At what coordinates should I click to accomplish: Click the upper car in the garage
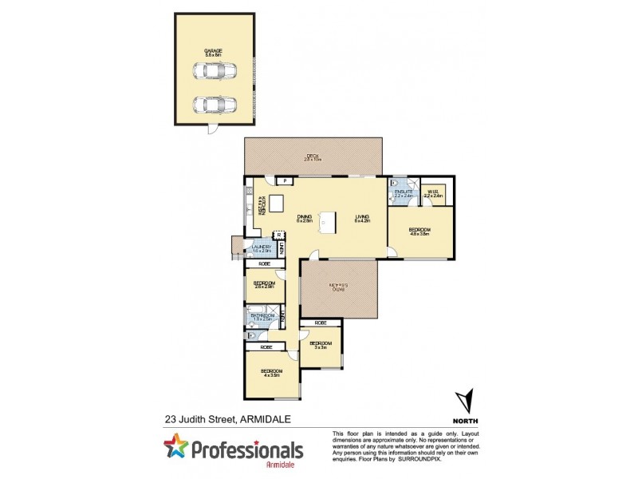click(x=212, y=71)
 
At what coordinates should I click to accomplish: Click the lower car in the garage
click(x=212, y=105)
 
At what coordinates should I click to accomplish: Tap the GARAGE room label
click(x=212, y=50)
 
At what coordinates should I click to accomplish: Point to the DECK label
click(x=311, y=156)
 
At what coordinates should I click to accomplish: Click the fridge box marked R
click(x=279, y=235)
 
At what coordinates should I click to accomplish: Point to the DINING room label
click(x=304, y=216)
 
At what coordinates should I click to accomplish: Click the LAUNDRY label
click(x=261, y=247)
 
